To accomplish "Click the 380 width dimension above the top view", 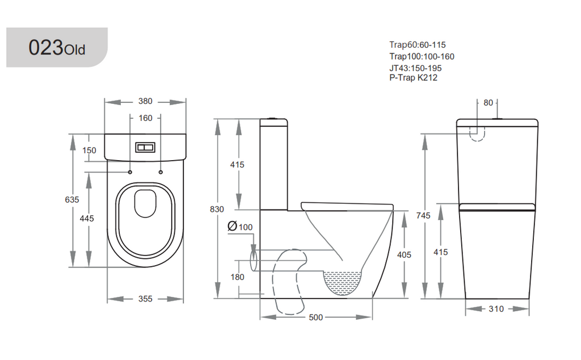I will (146, 102).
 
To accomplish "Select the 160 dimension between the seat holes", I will (146, 119).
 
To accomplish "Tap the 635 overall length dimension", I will (72, 200).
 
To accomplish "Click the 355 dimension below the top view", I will (146, 299).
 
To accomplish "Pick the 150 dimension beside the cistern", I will (89, 150).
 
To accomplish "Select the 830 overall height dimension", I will (217, 209).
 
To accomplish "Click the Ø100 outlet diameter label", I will (240, 227).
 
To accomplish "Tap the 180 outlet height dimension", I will (237, 277).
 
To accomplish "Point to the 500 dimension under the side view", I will (315, 317).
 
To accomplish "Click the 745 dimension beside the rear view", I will (423, 215).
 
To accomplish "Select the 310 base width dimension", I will (496, 309).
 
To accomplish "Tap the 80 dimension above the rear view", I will (488, 103).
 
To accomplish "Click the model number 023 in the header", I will (47, 48).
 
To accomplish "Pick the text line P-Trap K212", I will (413, 78).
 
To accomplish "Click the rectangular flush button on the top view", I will (145, 148).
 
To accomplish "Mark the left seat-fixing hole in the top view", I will (130, 171).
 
